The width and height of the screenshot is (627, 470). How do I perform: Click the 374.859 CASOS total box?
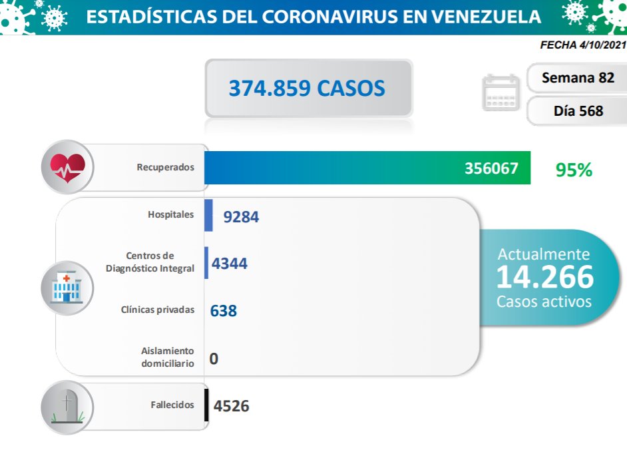pos(308,89)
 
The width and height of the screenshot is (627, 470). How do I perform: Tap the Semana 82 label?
pos(578,77)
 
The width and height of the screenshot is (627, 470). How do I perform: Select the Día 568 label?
pos(578,111)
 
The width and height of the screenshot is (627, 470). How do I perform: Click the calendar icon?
pos(500,93)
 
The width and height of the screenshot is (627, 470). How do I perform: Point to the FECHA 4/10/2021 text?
pos(582,46)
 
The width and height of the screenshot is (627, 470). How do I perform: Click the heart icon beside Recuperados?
pos(67,166)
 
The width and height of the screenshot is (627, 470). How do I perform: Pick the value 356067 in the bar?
pos(491,168)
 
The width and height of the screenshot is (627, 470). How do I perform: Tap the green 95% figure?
pos(574,170)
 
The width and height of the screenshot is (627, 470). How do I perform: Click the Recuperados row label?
pos(166,167)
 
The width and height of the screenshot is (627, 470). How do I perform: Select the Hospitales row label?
pos(171,214)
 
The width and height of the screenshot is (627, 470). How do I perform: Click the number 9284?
pos(241,216)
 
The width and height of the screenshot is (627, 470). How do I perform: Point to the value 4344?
pos(230,264)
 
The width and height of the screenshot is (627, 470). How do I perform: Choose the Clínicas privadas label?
pos(158,310)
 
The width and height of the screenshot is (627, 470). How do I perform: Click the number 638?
pos(224,311)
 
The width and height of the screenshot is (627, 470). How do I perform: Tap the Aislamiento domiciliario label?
pos(168,357)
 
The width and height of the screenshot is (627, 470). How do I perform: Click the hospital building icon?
pos(67,288)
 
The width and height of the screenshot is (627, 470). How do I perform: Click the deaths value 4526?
pos(232,405)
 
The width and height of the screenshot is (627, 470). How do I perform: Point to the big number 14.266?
pos(544,276)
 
